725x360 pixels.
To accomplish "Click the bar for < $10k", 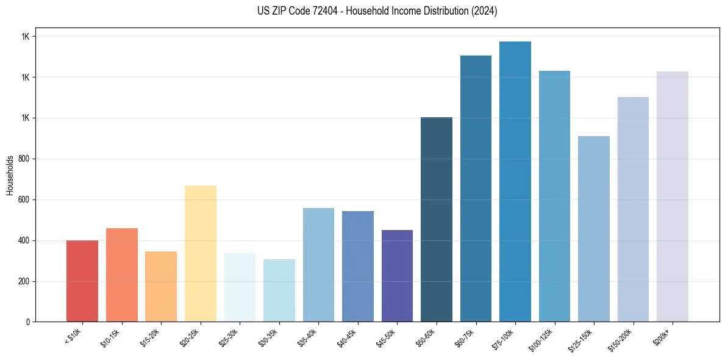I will [x=82, y=281].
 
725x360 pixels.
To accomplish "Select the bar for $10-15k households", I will [x=121, y=275].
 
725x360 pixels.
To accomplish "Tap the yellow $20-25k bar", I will [x=200, y=254].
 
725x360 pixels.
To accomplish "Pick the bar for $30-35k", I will [x=279, y=290].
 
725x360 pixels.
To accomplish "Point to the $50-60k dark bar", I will [x=437, y=220].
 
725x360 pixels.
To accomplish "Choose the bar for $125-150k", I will [x=593, y=229].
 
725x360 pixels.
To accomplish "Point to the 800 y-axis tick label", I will [x=24, y=159].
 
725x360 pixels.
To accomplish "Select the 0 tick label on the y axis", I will [x=28, y=322].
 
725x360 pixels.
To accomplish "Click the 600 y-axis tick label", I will [x=24, y=200].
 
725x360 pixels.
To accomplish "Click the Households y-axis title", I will [x=10, y=175].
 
